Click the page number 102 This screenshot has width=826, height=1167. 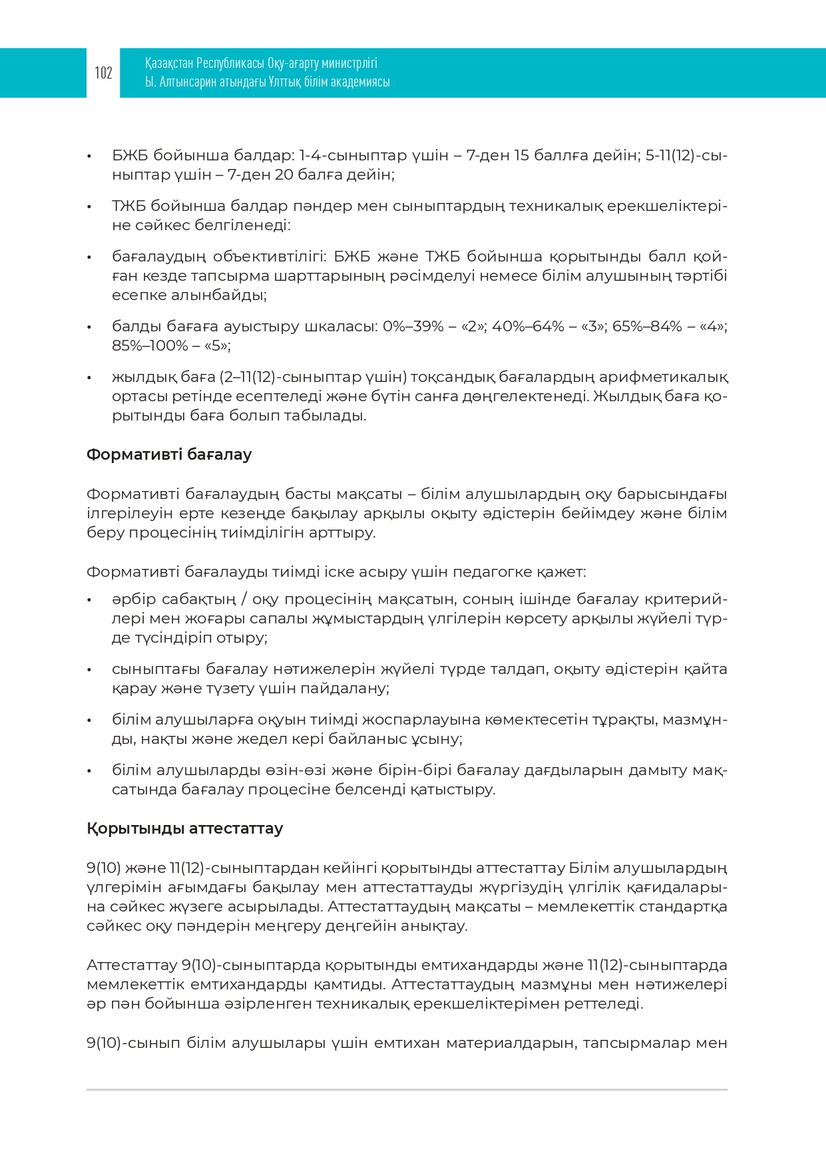point(103,73)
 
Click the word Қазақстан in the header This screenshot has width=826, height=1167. point(169,64)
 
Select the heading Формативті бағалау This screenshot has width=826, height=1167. point(169,455)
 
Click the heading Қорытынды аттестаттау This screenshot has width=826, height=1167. point(184,829)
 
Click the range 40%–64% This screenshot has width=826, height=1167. point(528,327)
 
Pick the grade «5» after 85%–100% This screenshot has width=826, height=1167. point(216,346)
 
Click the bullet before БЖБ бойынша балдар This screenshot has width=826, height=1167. point(89,156)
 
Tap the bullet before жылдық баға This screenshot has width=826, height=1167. point(89,378)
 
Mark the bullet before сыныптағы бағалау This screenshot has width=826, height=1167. point(89,669)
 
